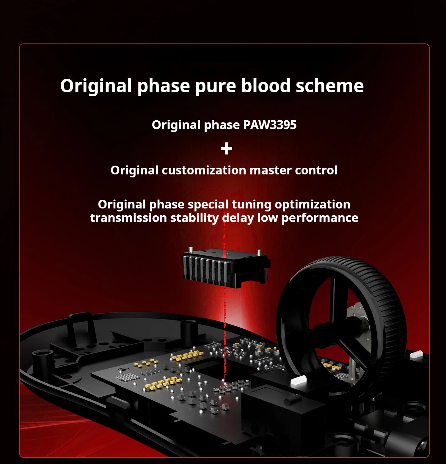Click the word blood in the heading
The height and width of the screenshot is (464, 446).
(266, 86)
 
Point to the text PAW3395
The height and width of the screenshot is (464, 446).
(270, 125)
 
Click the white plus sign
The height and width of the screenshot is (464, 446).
(227, 149)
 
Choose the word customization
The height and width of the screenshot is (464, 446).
(204, 170)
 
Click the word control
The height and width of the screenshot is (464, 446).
(316, 170)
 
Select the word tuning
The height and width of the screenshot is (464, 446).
(252, 205)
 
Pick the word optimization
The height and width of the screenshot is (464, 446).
(312, 205)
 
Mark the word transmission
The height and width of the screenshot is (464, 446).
(128, 218)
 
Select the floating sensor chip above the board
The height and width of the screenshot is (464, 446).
(226, 267)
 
